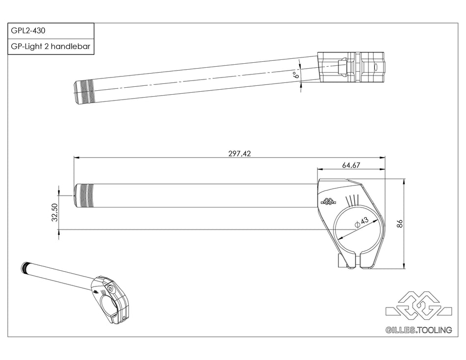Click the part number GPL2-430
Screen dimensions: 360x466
[28, 30]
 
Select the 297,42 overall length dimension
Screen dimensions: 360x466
[239, 153]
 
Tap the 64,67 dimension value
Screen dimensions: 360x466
[351, 165]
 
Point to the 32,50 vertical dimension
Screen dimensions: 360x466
[55, 213]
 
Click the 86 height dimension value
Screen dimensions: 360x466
[399, 223]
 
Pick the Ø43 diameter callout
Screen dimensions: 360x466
[362, 222]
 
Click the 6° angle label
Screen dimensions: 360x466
[295, 75]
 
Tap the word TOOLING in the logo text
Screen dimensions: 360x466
[435, 330]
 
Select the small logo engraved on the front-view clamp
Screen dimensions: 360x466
[327, 201]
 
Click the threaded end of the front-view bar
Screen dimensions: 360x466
[83, 195]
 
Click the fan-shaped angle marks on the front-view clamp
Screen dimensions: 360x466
[352, 200]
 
